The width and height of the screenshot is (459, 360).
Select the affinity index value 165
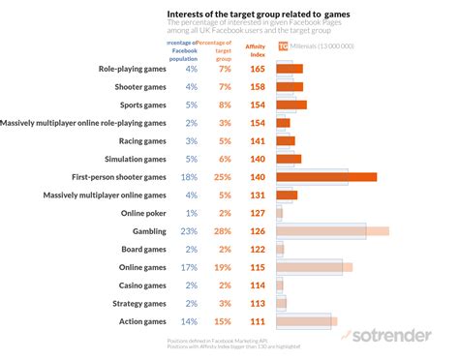(257, 69)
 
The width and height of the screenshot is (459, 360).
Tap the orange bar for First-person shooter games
(325, 177)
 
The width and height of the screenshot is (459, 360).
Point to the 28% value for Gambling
(224, 231)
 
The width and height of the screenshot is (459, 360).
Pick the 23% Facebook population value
(190, 231)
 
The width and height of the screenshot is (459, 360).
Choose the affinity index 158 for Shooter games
(257, 87)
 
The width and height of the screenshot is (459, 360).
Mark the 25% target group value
(224, 177)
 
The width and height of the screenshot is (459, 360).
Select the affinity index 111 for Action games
(257, 321)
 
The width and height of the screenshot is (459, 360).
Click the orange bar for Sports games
(291, 105)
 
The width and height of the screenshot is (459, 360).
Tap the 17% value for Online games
(190, 267)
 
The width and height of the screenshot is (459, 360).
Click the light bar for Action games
(305, 321)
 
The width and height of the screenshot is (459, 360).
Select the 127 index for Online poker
(257, 213)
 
